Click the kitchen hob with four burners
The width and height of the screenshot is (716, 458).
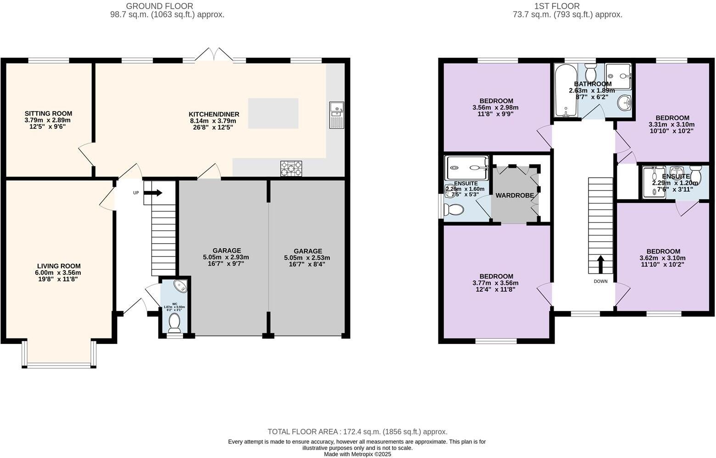291,168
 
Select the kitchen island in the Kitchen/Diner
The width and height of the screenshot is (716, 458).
273,113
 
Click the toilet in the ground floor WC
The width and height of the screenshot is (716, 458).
174,322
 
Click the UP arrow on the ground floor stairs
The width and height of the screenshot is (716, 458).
153,193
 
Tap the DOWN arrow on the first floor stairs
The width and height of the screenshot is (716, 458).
600,264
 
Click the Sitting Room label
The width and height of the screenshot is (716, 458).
48,114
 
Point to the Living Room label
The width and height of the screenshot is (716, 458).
59,266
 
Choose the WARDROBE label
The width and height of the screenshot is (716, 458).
515,196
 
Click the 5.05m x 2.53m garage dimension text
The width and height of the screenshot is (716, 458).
307,258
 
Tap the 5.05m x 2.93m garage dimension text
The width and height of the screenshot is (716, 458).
226,257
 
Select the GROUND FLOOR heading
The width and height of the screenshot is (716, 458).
159,6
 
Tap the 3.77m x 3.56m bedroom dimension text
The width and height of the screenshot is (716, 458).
496,283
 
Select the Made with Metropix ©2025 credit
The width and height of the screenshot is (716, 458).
357,454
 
